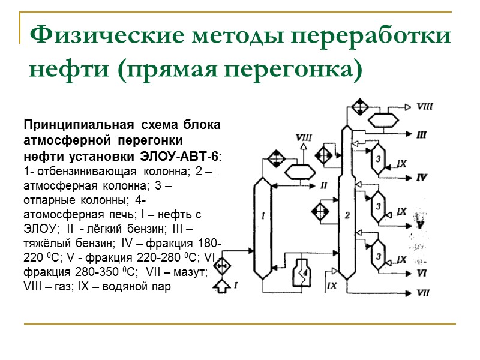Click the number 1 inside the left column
(x=263, y=214)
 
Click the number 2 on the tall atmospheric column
(x=348, y=214)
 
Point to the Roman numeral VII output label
(x=423, y=293)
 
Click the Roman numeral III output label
(x=422, y=135)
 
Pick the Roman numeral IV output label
(x=422, y=178)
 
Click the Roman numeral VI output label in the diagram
(x=422, y=272)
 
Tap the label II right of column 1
(x=323, y=184)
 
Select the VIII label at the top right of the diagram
(x=425, y=107)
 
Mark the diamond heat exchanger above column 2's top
(x=359, y=107)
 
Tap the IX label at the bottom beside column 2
(x=332, y=286)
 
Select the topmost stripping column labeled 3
(x=379, y=158)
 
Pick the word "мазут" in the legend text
(x=190, y=272)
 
